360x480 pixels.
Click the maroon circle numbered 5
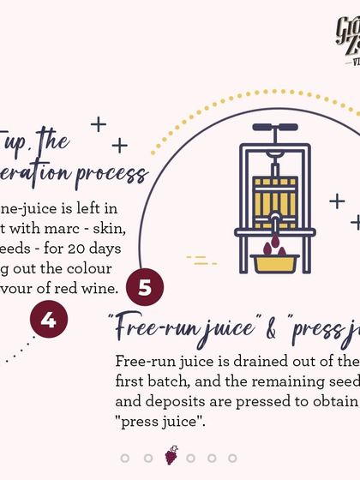click(x=144, y=287)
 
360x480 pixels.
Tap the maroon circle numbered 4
click(x=48, y=320)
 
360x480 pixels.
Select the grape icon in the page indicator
click(x=171, y=455)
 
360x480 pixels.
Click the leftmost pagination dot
click(x=125, y=459)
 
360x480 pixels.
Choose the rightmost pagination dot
click(x=232, y=459)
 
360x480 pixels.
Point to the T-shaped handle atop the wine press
click(x=274, y=129)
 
